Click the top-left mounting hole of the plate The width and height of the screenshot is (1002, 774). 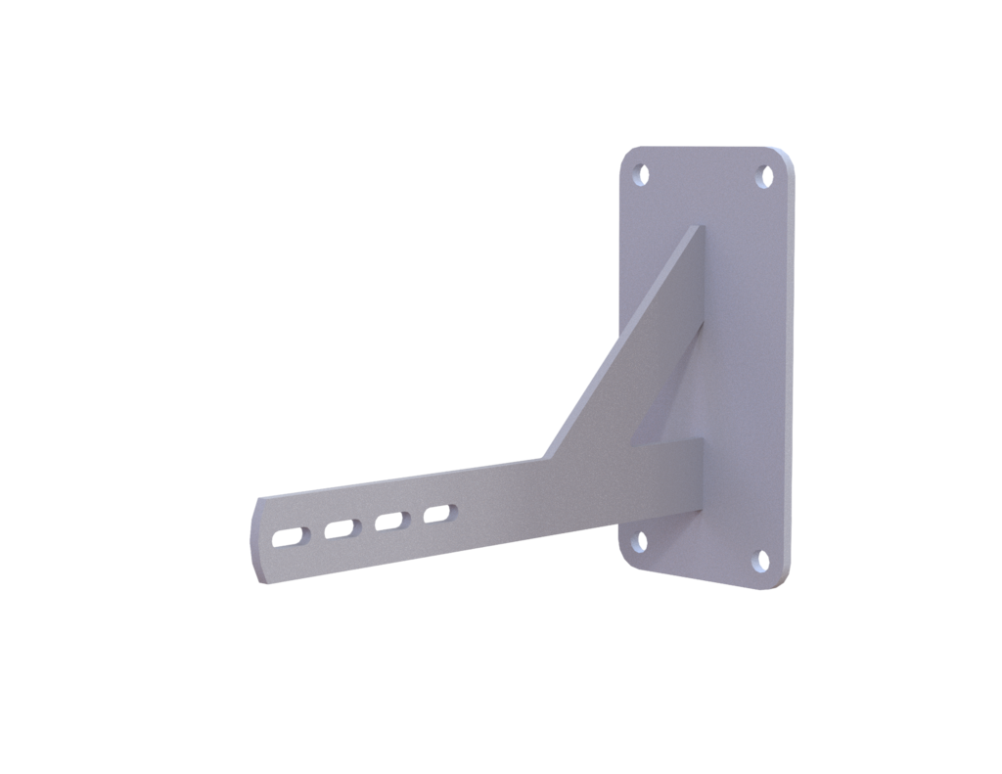point(642,174)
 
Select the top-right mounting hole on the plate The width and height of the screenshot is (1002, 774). point(765,177)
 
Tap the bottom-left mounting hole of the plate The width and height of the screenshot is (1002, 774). point(640,539)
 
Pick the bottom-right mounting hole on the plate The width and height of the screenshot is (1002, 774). point(761,561)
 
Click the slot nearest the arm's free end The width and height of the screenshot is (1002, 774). point(290,536)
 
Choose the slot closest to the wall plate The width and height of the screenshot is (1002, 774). point(438,513)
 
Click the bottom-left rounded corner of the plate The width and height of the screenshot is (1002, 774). point(627,559)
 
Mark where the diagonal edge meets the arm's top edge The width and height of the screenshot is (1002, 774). point(542,458)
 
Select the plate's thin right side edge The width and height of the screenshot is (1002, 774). point(789,372)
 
